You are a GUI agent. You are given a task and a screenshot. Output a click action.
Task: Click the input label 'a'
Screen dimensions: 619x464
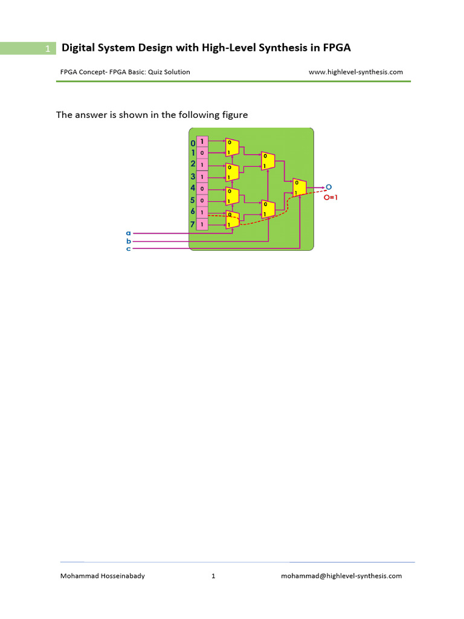point(128,233)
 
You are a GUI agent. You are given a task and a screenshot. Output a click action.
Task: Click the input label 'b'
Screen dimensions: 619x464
point(128,241)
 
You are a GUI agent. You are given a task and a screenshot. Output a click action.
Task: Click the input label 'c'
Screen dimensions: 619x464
point(128,248)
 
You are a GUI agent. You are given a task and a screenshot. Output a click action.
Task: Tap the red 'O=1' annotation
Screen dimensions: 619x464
point(331,197)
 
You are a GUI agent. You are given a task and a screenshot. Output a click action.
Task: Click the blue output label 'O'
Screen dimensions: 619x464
point(329,187)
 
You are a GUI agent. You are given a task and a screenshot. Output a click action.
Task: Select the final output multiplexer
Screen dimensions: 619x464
point(299,187)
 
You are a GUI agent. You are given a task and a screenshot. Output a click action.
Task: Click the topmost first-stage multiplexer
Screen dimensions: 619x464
point(232,147)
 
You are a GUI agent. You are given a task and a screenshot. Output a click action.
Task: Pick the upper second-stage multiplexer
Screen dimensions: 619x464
point(268,161)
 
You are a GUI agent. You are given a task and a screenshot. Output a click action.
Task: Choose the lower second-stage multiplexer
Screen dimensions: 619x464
point(268,209)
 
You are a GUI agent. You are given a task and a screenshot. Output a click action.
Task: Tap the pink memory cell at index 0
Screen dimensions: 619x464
point(202,141)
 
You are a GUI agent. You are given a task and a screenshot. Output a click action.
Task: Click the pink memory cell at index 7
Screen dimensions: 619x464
point(202,224)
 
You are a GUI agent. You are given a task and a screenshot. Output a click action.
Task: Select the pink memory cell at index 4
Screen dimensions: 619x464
point(202,189)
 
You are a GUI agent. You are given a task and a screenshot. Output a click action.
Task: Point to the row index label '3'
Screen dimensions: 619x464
point(193,177)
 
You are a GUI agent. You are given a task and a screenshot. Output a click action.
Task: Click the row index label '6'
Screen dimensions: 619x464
point(193,212)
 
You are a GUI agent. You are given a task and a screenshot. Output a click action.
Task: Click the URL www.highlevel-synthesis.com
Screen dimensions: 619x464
point(355,72)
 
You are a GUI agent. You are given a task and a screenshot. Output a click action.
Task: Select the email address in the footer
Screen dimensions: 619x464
point(341,576)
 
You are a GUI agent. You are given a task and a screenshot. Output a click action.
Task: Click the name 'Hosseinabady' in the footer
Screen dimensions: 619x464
point(120,576)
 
